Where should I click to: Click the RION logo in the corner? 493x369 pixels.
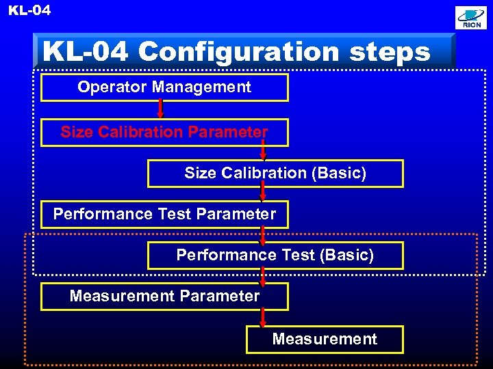coord(472,18)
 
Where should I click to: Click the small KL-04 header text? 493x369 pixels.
coord(29,10)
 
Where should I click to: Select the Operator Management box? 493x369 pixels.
coord(164,87)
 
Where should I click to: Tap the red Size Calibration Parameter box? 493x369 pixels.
coord(164,132)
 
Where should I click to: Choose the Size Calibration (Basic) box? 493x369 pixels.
coord(275,174)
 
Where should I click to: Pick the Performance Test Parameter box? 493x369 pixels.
coord(164,214)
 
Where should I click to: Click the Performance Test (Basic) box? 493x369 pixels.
coord(275,256)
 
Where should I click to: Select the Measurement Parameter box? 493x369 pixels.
coord(164,297)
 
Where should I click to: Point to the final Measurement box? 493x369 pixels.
coord(325,339)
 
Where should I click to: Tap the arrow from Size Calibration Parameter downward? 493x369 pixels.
coord(263,150)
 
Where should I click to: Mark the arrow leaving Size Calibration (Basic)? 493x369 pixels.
coord(263,192)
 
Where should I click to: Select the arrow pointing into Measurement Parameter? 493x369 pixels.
coord(263,276)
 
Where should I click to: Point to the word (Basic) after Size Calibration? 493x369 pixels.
coord(339,174)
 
